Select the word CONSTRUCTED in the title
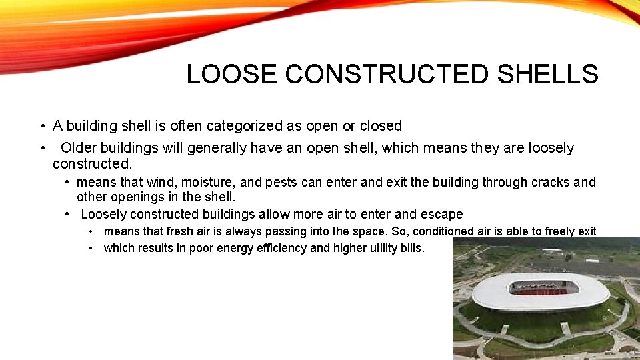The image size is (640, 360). pyautogui.click(x=387, y=74)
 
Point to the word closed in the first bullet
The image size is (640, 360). pyautogui.click(x=381, y=126)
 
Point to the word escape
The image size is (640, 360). pyautogui.click(x=442, y=214)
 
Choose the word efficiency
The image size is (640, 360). pyautogui.click(x=279, y=248)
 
